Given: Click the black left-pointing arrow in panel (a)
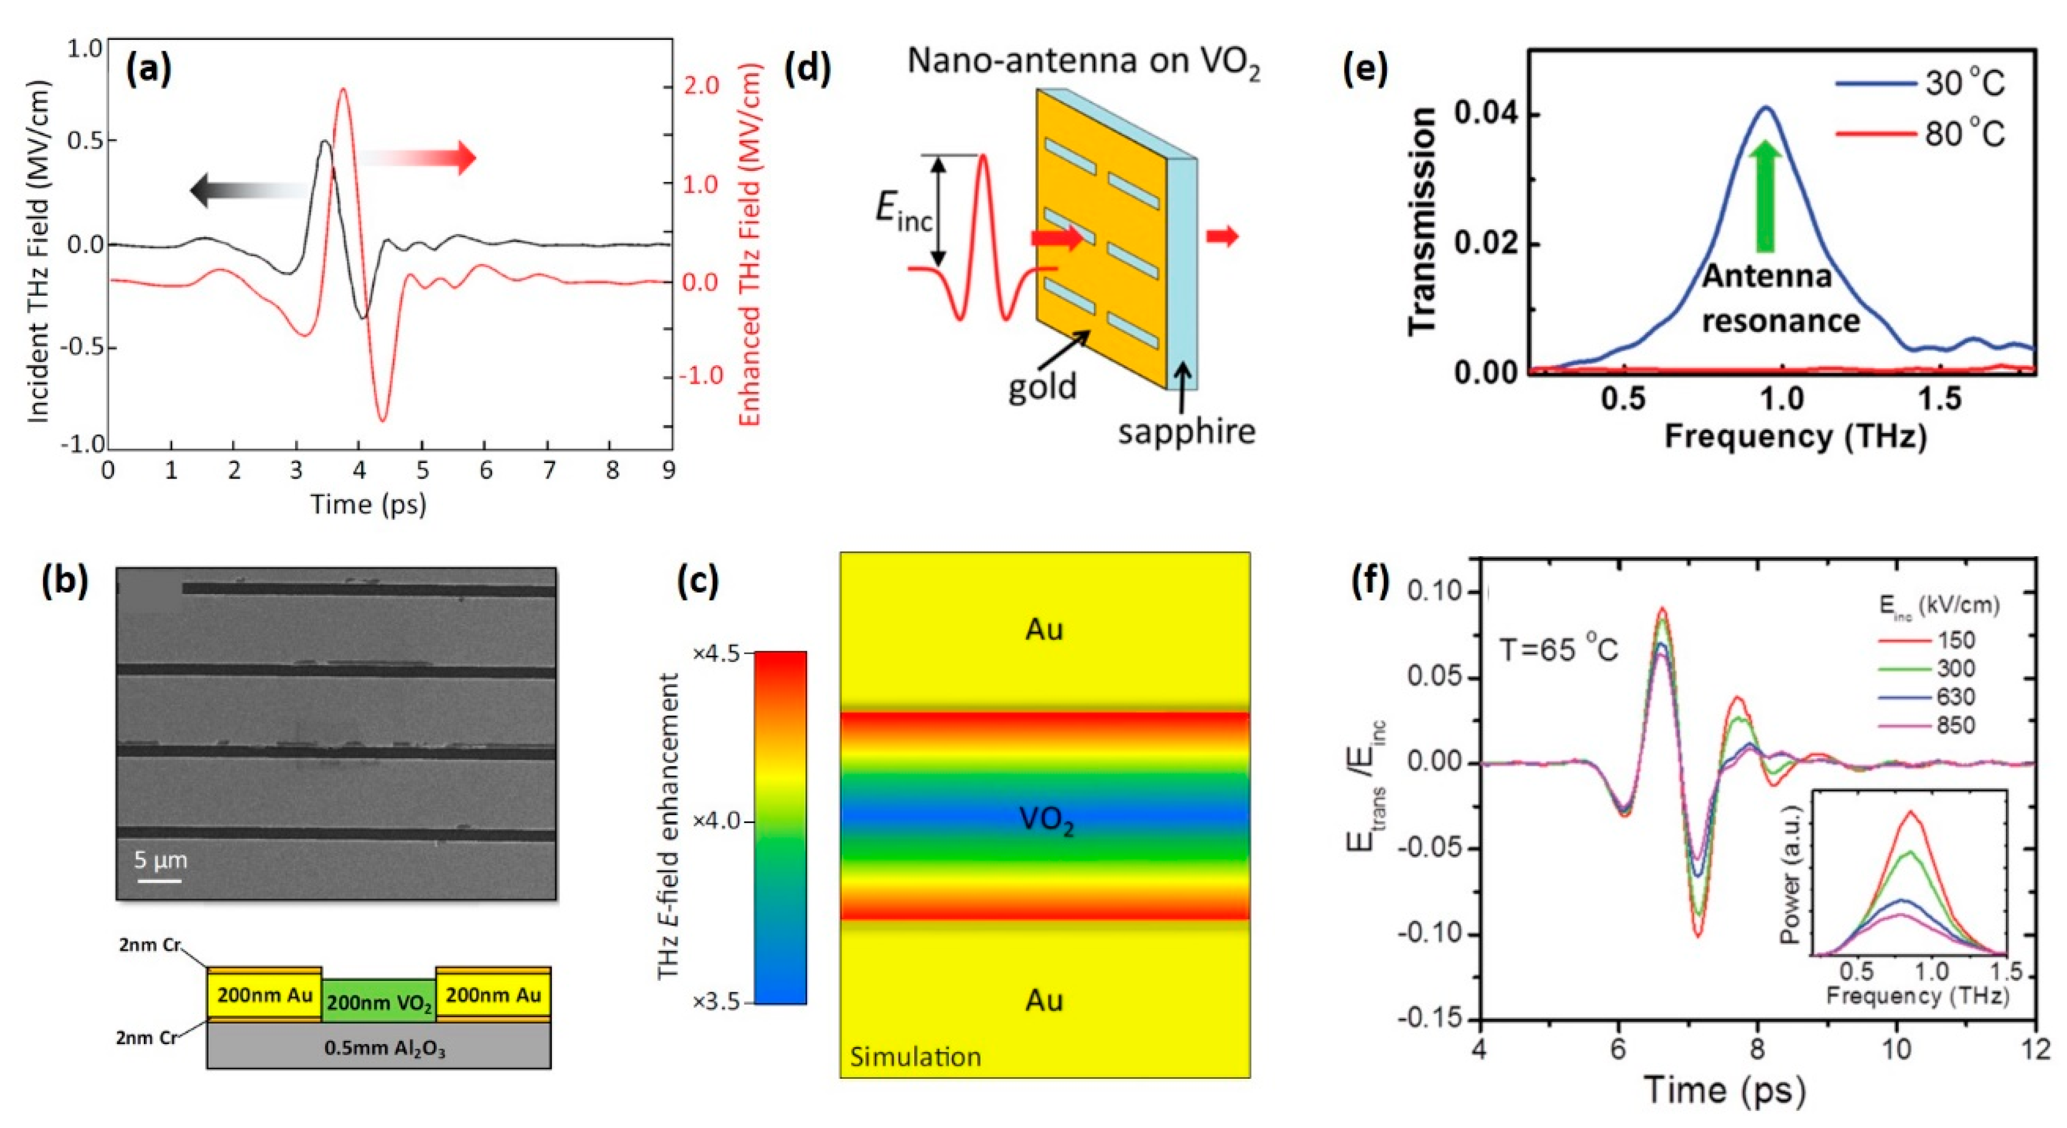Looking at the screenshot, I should coord(241,190).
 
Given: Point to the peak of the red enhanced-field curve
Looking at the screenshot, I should coord(343,90).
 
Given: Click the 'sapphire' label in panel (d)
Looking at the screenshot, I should coord(1186,432).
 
